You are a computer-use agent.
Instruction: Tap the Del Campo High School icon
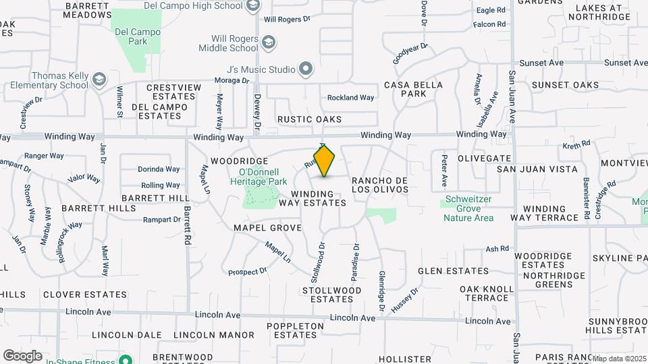(253, 7)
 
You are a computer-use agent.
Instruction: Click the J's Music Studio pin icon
(305, 69)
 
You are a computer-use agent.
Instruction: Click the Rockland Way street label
(350, 98)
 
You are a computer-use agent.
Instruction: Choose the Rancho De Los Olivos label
(381, 185)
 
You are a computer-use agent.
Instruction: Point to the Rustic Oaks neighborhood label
(309, 119)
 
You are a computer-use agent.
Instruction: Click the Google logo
(22, 355)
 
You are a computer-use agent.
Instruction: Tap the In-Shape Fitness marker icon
(124, 361)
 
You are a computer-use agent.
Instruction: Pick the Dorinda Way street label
(159, 169)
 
